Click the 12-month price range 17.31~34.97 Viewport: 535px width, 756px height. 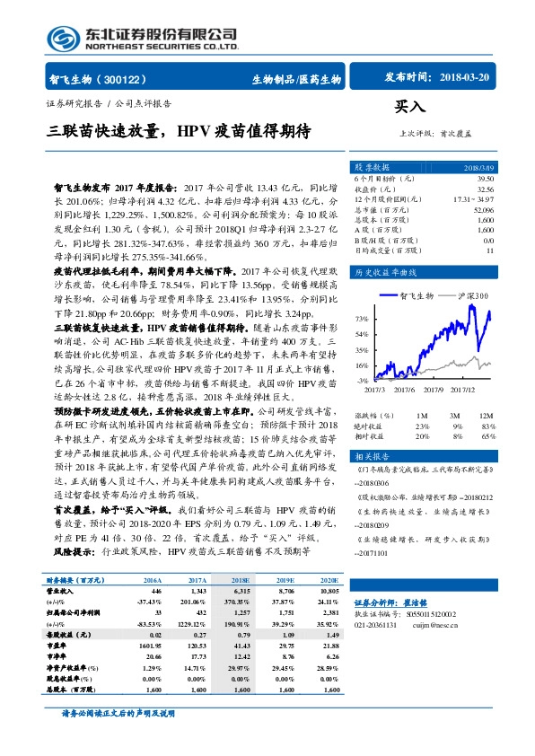tap(474, 198)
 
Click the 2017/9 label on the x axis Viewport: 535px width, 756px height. tap(436, 389)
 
